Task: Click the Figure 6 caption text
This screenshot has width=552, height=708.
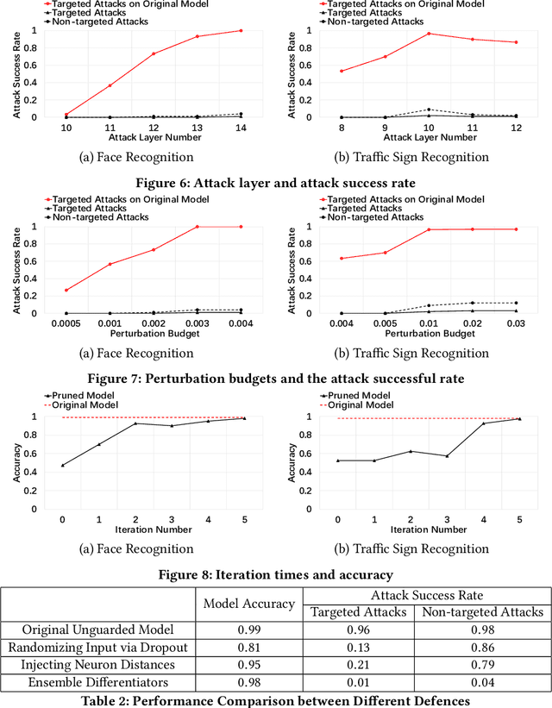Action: pyautogui.click(x=276, y=183)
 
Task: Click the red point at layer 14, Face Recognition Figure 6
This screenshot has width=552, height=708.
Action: pyautogui.click(x=241, y=31)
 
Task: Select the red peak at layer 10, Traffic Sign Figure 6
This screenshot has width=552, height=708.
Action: pyautogui.click(x=429, y=34)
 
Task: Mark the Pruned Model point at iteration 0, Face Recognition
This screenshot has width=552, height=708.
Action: pyautogui.click(x=63, y=465)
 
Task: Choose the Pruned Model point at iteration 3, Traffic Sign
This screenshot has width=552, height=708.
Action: pyautogui.click(x=447, y=456)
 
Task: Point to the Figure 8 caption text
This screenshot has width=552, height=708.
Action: pyautogui.click(x=276, y=574)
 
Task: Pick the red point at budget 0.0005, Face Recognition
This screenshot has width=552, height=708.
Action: pyautogui.click(x=66, y=291)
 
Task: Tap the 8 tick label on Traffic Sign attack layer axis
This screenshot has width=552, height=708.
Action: pyautogui.click(x=342, y=128)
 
